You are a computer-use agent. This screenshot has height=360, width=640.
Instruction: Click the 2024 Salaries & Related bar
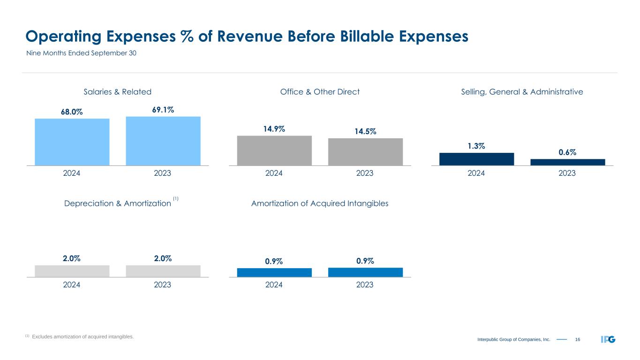[72, 142]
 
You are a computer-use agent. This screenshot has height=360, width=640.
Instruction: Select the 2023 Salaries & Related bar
[163, 141]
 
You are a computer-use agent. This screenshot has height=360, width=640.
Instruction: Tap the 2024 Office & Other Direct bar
[274, 150]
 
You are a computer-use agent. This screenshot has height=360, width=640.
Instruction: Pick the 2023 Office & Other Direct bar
[365, 152]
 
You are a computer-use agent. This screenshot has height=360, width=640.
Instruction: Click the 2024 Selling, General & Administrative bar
[476, 159]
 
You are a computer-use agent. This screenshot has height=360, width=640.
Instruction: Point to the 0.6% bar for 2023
[567, 162]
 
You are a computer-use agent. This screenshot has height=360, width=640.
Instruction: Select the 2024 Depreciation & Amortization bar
[72, 271]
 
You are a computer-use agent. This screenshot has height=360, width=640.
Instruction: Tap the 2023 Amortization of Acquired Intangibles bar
[365, 272]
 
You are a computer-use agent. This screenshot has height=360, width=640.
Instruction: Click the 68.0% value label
[72, 112]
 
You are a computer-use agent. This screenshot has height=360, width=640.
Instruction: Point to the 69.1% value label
[163, 110]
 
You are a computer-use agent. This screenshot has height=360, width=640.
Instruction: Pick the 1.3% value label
[476, 146]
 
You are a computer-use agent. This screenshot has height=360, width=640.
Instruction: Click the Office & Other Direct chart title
[320, 92]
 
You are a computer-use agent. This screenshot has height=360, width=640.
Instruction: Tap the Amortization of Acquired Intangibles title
[320, 203]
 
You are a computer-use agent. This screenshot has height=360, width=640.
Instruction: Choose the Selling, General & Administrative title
[522, 92]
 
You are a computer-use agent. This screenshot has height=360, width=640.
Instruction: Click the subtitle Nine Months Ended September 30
[81, 53]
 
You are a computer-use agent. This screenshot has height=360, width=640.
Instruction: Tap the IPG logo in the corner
[608, 339]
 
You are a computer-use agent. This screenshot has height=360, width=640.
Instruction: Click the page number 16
[577, 339]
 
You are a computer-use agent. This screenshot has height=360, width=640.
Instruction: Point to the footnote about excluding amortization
[80, 337]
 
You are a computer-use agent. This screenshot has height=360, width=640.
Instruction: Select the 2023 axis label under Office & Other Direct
[365, 173]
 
